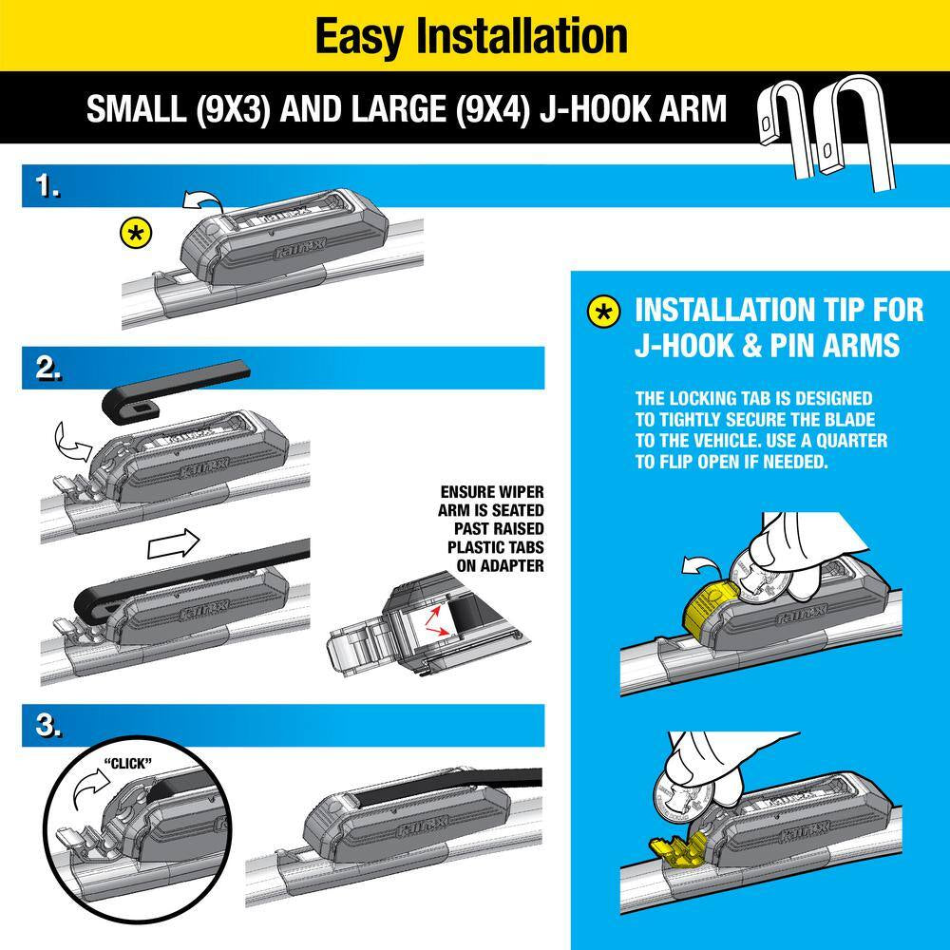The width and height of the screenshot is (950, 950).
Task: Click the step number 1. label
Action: tap(46, 188)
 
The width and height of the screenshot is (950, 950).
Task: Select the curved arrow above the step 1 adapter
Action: tap(199, 199)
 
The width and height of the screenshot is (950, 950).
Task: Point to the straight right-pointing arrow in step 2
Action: tap(174, 545)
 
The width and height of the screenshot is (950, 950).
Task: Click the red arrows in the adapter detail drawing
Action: tap(436, 614)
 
